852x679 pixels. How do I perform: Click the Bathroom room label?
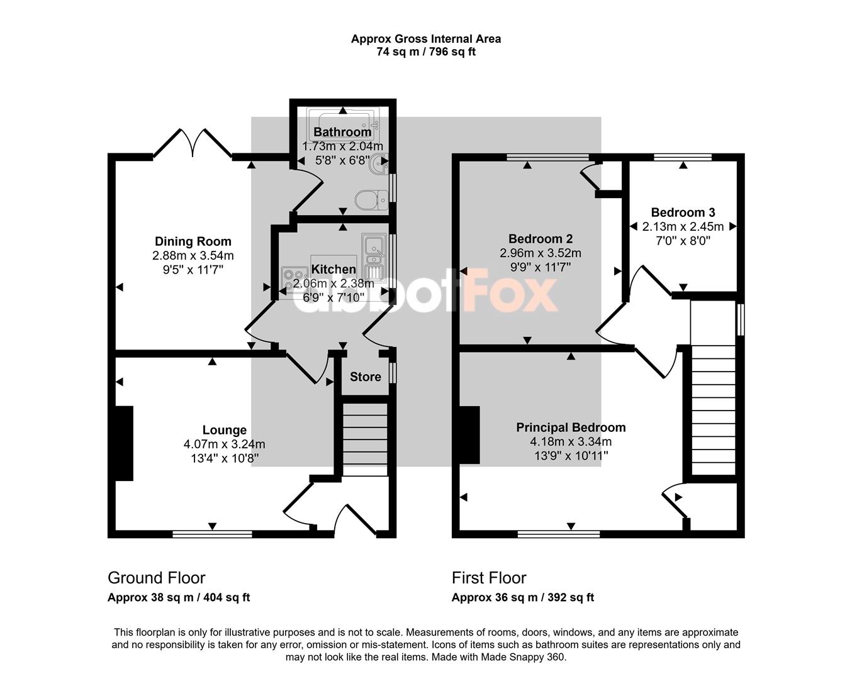(x=342, y=132)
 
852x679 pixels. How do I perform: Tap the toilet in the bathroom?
(x=371, y=199)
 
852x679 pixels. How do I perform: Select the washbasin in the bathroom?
(x=378, y=163)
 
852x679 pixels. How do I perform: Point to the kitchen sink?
(x=373, y=257)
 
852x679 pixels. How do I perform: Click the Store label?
(x=366, y=377)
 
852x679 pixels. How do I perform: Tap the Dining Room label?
(x=193, y=241)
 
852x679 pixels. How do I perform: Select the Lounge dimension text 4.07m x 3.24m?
(x=224, y=444)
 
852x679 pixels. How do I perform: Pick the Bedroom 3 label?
(x=683, y=213)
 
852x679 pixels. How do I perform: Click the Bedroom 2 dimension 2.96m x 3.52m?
(x=541, y=253)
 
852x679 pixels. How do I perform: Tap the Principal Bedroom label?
(x=571, y=428)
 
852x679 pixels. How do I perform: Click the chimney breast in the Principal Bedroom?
(x=469, y=434)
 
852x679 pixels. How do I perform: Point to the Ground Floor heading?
(x=157, y=578)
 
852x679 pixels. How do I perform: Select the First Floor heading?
(x=489, y=578)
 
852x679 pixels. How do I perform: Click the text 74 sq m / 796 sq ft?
(x=426, y=52)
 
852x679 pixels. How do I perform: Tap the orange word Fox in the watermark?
(x=510, y=291)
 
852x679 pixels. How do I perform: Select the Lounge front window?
(x=212, y=534)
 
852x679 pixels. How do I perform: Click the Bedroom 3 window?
(x=683, y=157)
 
